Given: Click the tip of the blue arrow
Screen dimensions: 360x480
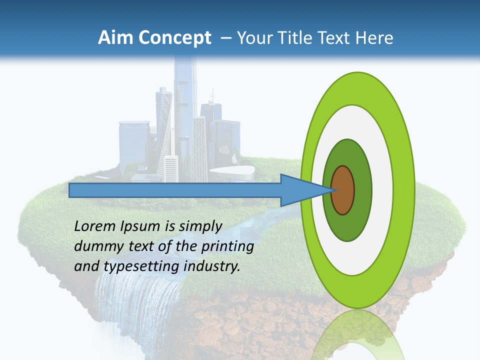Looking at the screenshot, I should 333,190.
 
